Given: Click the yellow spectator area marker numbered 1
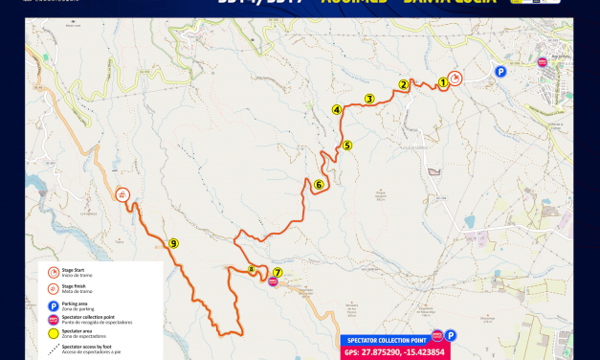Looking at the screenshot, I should (443, 82).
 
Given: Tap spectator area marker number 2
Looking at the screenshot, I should (404, 85).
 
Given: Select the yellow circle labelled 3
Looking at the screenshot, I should (368, 99).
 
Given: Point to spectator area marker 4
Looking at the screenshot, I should (337, 110).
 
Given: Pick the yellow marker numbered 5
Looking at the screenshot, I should (347, 146).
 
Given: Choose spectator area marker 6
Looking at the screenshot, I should (319, 185).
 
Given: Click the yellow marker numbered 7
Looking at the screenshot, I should (278, 272).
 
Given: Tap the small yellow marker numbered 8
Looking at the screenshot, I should (251, 270).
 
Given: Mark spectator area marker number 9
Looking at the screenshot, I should (173, 243).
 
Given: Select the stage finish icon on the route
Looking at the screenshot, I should (122, 194).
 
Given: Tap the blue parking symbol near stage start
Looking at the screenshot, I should (499, 70).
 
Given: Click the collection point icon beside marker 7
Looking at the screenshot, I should (274, 282).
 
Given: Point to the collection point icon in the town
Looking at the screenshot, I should (543, 62).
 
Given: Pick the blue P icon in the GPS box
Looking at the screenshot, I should (451, 336).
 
